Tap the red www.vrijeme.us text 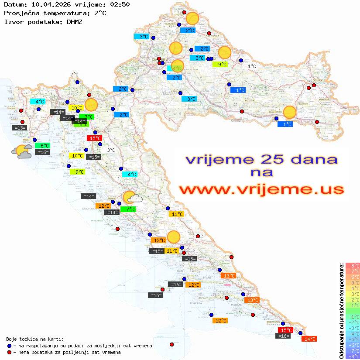click(261, 190)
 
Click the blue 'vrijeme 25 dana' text click(261, 159)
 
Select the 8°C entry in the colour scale click(353, 265)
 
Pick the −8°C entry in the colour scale click(353, 356)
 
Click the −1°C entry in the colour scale click(353, 316)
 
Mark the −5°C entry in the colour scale click(353, 339)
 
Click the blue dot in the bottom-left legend click(9, 346)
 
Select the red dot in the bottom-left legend click(9, 352)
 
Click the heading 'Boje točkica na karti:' click(35, 339)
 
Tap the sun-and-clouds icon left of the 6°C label click(22, 151)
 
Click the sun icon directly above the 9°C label click(224, 52)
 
